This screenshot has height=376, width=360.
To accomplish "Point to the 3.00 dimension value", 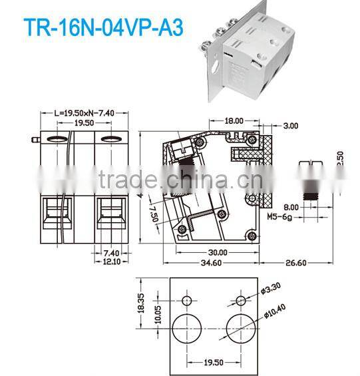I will click(x=291, y=125).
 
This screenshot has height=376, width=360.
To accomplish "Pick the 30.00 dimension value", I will click(x=218, y=252).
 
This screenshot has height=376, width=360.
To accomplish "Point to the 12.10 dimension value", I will click(x=110, y=261).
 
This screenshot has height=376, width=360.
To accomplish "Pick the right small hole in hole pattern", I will click(x=241, y=301).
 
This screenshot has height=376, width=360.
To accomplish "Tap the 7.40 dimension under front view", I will click(x=110, y=252).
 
